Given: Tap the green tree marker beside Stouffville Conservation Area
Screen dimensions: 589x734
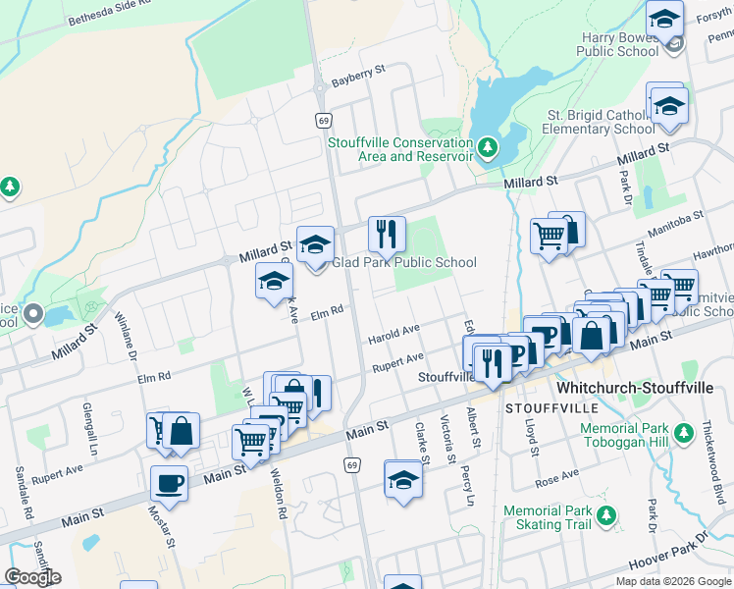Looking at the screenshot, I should click(x=488, y=149).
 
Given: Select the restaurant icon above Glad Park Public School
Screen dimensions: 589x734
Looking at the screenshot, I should click(x=387, y=234).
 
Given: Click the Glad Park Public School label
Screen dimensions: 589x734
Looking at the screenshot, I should click(x=403, y=262).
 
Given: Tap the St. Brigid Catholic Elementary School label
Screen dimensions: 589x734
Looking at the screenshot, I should click(x=601, y=122).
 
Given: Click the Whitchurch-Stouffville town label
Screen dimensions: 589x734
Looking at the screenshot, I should click(x=635, y=388).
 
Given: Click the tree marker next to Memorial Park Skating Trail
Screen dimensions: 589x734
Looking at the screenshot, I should click(x=608, y=513).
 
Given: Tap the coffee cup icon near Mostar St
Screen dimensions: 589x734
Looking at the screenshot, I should click(x=170, y=484).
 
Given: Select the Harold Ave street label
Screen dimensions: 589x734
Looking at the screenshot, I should click(x=393, y=333).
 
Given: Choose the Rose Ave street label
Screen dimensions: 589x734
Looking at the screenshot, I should click(x=557, y=477).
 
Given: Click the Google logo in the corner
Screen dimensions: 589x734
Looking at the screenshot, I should click(x=32, y=576).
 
